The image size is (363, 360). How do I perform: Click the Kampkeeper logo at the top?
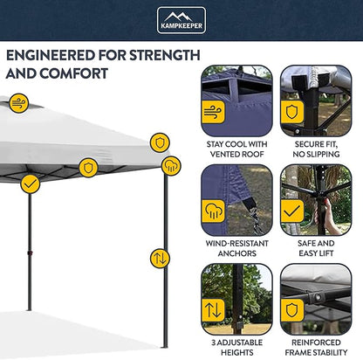point(181,20)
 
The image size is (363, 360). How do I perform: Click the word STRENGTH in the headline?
point(165,55)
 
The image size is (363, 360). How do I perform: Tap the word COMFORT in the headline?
point(74,73)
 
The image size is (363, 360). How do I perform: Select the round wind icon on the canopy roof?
point(19,103)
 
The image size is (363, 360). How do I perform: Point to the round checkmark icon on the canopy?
point(31,183)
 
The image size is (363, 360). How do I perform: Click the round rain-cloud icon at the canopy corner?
point(171,166)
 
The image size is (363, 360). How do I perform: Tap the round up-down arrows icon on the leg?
point(160,259)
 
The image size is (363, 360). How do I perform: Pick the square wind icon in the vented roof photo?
point(214,112)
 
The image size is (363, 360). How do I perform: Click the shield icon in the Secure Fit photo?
point(292,112)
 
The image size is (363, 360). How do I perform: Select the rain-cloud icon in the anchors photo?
point(214,211)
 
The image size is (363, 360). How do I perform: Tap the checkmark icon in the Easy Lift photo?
point(292,211)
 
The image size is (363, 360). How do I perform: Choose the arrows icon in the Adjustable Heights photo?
point(214,310)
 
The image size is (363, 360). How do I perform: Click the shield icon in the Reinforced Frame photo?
point(292,310)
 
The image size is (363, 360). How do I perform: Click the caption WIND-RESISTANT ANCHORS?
point(237,248)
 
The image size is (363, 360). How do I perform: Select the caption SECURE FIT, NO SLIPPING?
point(316,149)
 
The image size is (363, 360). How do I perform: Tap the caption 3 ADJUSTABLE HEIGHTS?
point(237,348)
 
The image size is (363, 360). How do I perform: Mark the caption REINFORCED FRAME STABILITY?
point(316,348)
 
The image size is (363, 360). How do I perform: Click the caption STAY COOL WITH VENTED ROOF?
point(237,149)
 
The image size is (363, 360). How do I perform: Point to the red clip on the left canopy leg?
point(29,253)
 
